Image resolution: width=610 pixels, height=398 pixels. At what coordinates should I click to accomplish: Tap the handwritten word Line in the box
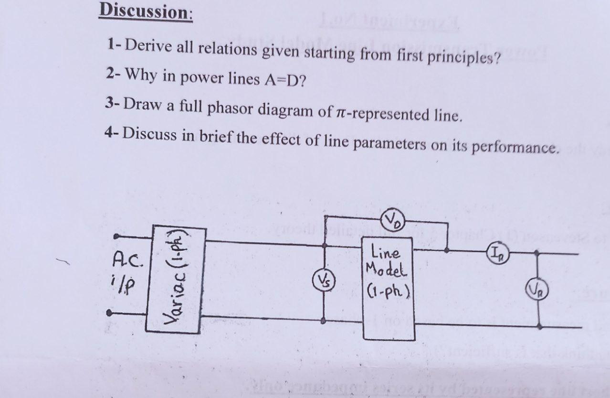(x=385, y=253)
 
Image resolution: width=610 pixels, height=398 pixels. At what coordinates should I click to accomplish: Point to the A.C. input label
(x=128, y=260)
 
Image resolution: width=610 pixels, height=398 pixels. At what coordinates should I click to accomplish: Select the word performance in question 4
(x=515, y=147)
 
